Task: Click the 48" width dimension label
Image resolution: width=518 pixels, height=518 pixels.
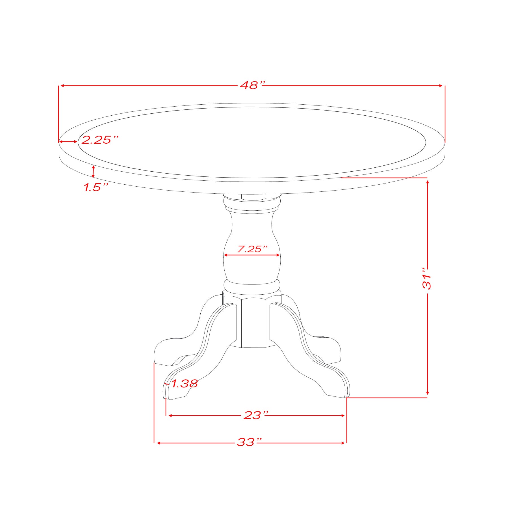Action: point(252,85)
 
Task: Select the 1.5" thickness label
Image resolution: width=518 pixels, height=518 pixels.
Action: point(96,187)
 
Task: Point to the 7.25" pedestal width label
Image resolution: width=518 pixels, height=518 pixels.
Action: point(252,249)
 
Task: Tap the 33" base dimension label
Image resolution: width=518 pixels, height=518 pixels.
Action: point(250,442)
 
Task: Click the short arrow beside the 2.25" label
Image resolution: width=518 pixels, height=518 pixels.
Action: point(68,141)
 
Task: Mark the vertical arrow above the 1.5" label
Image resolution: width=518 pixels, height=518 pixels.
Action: point(94,172)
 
